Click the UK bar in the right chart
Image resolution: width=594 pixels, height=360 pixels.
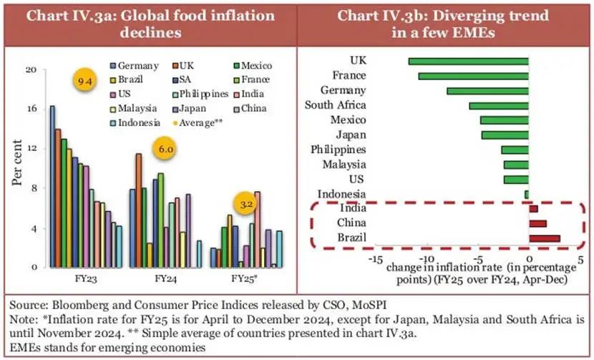click(x=468, y=62)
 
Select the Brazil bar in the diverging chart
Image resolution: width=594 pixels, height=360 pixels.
click(x=544, y=238)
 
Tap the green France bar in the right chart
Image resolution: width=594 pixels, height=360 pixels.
click(x=473, y=76)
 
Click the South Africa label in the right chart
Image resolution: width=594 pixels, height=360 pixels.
click(x=336, y=106)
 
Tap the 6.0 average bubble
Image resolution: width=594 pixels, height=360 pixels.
click(x=160, y=150)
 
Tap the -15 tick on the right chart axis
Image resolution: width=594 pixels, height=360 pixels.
click(x=374, y=259)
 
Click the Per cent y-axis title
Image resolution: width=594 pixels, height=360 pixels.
click(x=16, y=169)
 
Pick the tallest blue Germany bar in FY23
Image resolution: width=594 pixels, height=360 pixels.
click(x=52, y=186)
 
